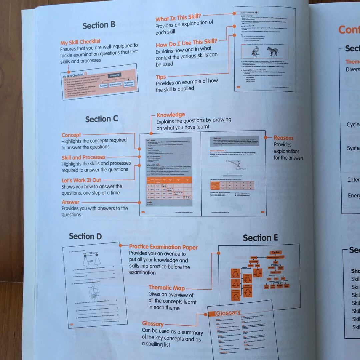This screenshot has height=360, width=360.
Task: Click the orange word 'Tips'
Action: click(161, 77)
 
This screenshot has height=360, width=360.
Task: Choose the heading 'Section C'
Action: click(101, 119)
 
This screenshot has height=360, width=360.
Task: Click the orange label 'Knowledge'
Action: click(171, 115)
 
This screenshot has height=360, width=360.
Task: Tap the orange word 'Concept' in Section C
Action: click(71, 135)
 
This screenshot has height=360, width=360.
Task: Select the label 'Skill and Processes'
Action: click(83, 157)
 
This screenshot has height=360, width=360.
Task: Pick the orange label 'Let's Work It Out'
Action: click(81, 180)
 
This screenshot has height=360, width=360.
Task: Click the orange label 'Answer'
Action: click(70, 202)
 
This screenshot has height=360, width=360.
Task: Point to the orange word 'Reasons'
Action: click(283, 138)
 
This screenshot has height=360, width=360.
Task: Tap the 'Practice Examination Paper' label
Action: click(163, 247)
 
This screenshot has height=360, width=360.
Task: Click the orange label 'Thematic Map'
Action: click(166, 287)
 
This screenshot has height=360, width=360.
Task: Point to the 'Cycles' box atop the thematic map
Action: click(276, 252)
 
